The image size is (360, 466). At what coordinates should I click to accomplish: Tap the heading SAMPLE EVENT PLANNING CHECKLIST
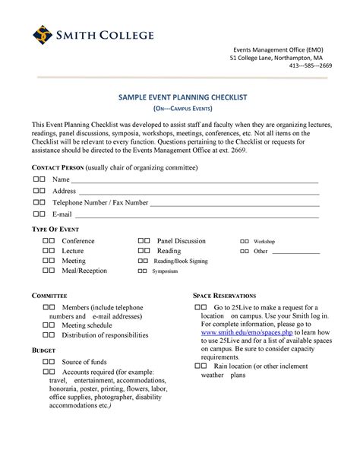[180, 100]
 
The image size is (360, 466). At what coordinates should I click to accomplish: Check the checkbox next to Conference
[49, 241]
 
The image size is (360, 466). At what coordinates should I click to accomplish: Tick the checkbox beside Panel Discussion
[144, 241]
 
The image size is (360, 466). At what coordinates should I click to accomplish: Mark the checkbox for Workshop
[245, 241]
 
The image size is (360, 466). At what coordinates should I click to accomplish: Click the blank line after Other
[295, 252]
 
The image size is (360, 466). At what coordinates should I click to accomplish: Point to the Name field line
[190, 180]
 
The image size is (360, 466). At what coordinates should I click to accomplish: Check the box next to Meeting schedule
[49, 324]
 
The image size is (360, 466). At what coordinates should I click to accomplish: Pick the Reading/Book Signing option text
[181, 261]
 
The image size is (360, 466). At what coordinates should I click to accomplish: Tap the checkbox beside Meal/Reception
[49, 271]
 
